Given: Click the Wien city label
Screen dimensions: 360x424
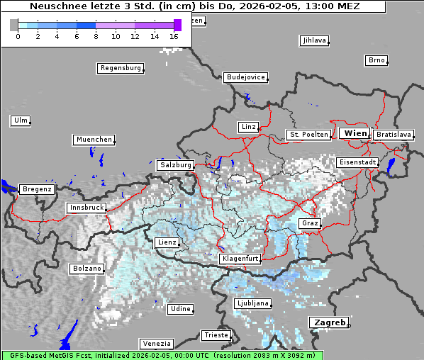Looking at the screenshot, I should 355,133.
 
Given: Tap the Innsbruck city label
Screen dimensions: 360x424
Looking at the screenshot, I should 86,208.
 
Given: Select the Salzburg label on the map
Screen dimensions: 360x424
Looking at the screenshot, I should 176,164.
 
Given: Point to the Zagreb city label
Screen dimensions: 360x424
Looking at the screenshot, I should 329,322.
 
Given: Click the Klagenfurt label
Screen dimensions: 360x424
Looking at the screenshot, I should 240,259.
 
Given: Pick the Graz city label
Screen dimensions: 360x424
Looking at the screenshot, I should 310,223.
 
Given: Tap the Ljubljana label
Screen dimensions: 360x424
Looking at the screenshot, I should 252,303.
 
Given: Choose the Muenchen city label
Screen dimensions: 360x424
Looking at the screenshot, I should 94,140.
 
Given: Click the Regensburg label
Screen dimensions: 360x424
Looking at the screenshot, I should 120,68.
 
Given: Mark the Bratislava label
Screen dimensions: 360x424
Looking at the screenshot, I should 394,134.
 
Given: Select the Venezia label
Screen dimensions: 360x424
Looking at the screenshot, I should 155,343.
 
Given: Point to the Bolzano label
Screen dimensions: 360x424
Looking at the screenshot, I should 87,269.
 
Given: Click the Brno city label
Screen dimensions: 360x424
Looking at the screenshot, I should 376,60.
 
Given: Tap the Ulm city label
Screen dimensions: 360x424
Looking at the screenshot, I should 20,120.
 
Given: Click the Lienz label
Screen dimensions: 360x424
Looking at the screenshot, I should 167,242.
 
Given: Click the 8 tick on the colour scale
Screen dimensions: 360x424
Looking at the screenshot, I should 96,35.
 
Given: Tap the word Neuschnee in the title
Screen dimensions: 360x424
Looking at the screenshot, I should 55,6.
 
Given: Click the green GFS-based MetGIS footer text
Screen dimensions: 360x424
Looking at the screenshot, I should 162,355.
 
